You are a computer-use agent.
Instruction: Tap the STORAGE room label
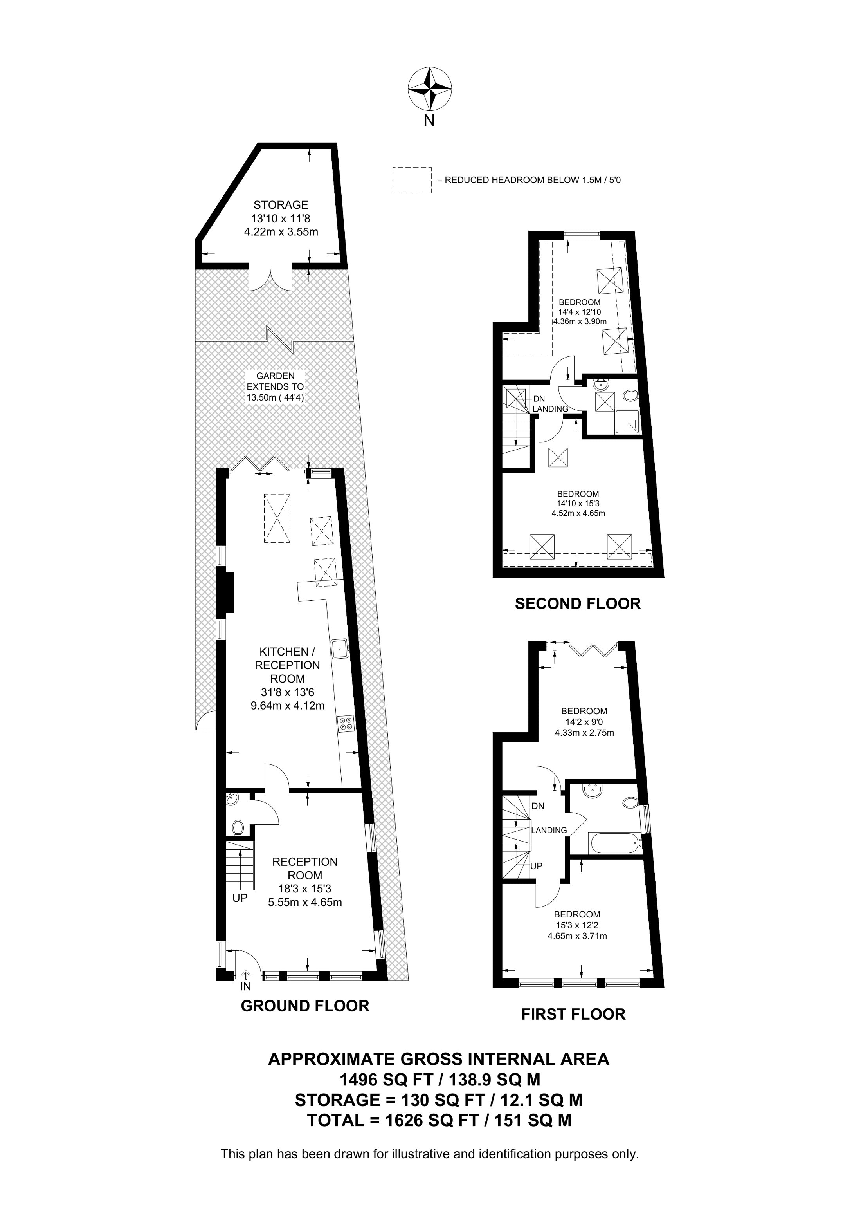[281, 205]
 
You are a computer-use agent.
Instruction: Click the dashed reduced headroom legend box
[412, 180]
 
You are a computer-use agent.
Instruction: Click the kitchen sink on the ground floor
[339, 648]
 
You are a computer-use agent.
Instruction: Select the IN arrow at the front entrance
[246, 976]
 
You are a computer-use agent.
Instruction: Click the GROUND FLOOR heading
[304, 1006]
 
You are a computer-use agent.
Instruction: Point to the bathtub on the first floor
[615, 843]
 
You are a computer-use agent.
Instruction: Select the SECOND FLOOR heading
[577, 604]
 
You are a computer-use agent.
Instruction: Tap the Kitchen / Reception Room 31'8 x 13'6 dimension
[287, 692]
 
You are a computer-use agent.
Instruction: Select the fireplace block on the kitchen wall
[228, 592]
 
